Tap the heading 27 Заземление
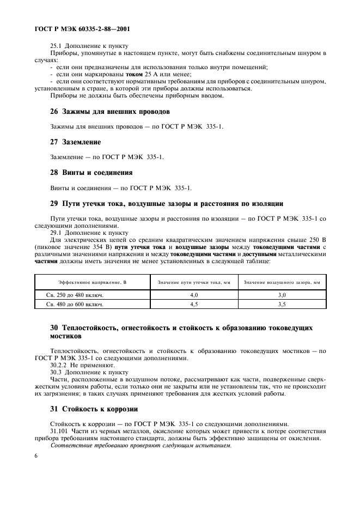[x=68, y=142]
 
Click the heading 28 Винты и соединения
[x=84, y=173]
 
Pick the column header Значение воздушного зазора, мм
[x=282, y=282]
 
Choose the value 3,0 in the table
[x=282, y=295]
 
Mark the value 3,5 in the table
[x=282, y=304]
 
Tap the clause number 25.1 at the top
[x=56, y=46]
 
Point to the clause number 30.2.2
[x=58, y=365]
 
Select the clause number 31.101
[x=59, y=431]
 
